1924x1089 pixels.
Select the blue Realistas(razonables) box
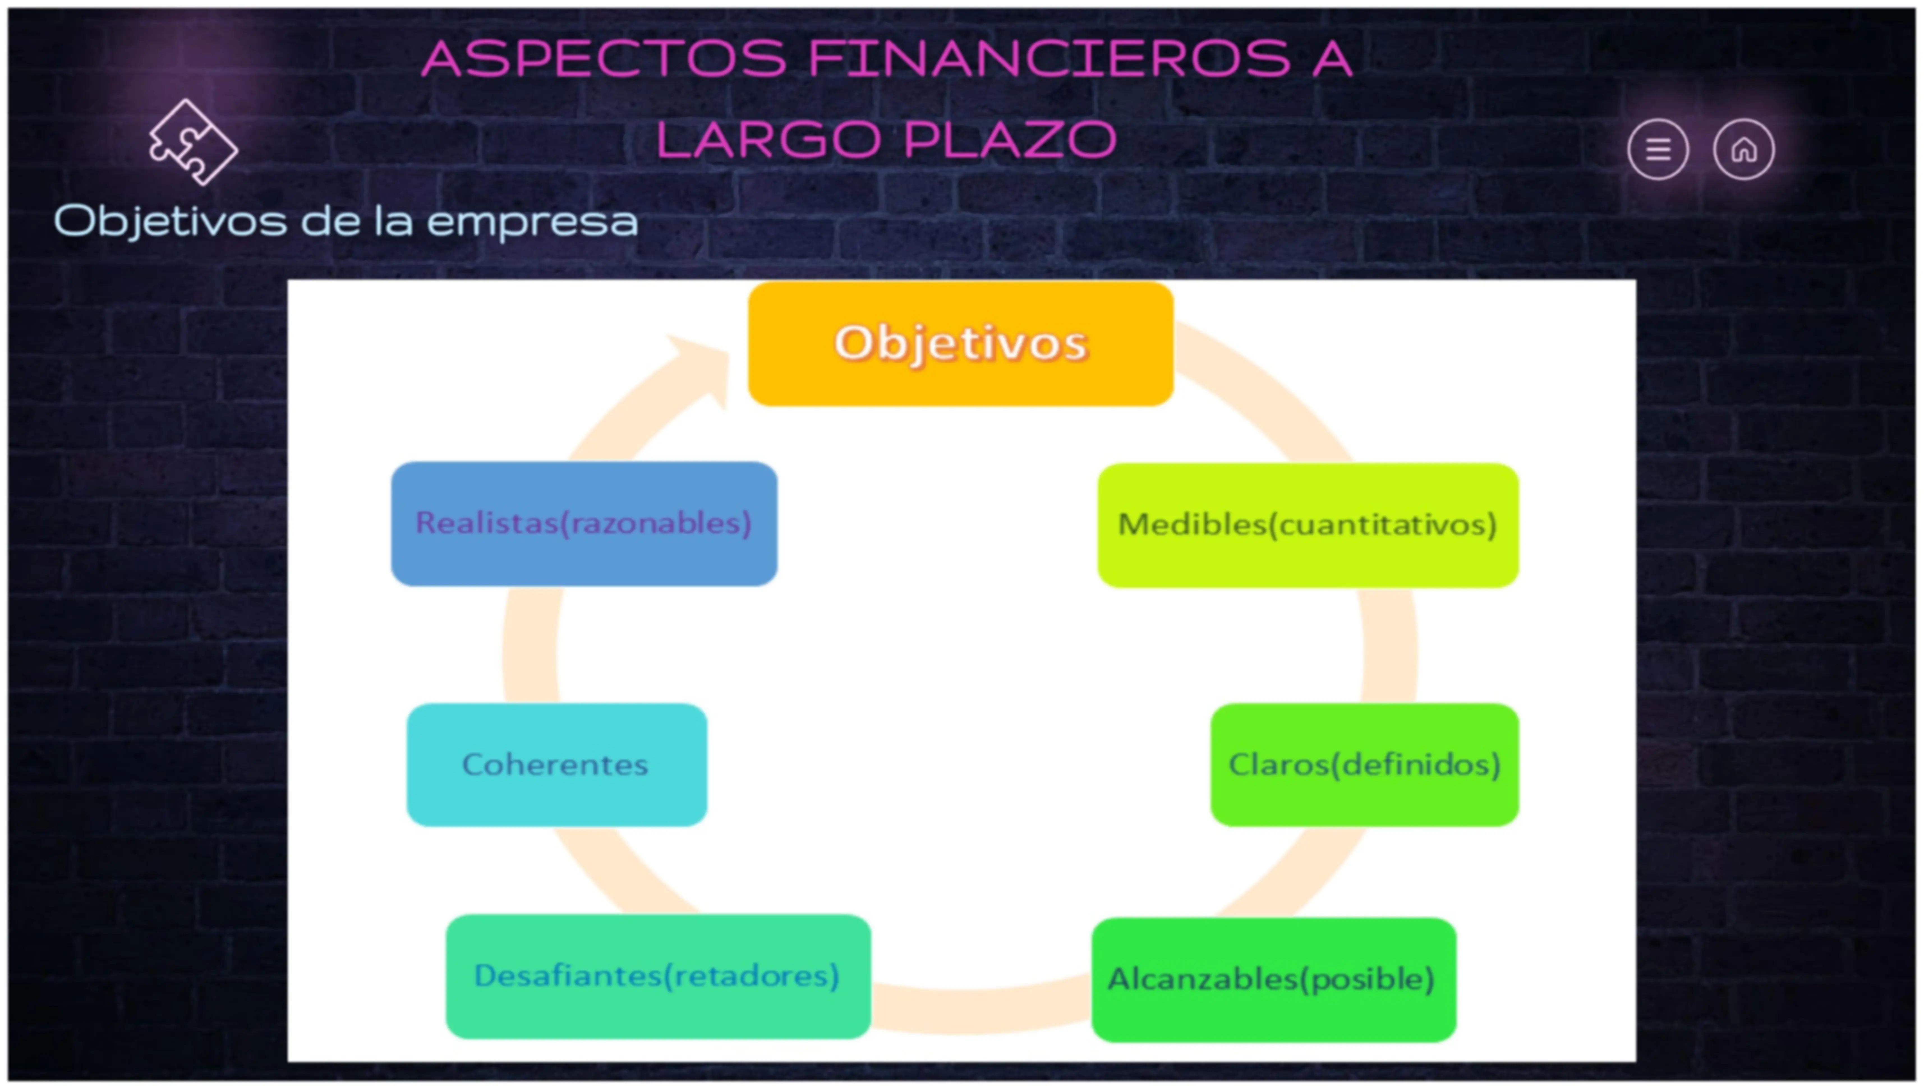[x=584, y=524]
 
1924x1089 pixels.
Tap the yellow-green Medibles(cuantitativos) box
[x=1308, y=525]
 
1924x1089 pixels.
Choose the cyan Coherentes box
[x=556, y=765]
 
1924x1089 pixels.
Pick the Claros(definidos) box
[x=1365, y=765]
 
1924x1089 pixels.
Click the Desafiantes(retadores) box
[x=658, y=976]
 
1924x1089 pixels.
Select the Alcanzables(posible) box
[x=1273, y=979]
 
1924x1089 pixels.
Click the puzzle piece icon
[x=193, y=142]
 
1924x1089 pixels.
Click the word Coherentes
[x=555, y=765]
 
